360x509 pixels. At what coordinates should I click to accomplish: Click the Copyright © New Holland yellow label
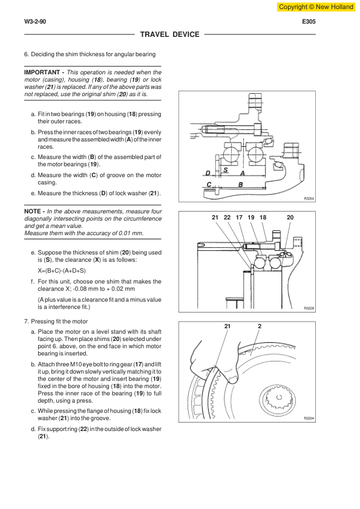316,7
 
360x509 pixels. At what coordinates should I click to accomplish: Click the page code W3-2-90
35,22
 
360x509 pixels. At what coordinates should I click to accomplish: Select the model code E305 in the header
309,22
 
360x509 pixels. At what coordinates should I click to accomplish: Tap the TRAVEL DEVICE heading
169,34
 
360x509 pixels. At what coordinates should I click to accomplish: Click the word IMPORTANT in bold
42,73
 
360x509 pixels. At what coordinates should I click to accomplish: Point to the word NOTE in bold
33,212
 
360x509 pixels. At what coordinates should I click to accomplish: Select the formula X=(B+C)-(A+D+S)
62,271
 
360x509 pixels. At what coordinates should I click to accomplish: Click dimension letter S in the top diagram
226,170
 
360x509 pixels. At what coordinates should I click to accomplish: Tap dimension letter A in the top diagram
242,173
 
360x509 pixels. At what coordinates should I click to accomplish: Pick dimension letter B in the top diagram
240,184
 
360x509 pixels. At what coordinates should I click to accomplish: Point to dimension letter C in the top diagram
209,184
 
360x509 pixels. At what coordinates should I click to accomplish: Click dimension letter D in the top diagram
208,173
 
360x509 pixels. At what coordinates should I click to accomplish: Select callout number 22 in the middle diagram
227,218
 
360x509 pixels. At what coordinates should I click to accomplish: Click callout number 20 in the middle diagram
290,218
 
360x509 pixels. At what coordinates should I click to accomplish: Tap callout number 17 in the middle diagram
239,218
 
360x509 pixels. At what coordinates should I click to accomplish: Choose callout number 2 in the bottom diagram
260,326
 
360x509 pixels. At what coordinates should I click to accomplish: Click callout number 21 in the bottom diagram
227,326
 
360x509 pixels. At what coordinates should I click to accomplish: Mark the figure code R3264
309,198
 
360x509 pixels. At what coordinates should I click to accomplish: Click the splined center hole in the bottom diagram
279,397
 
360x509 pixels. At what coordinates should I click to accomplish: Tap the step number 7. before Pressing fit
27,322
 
